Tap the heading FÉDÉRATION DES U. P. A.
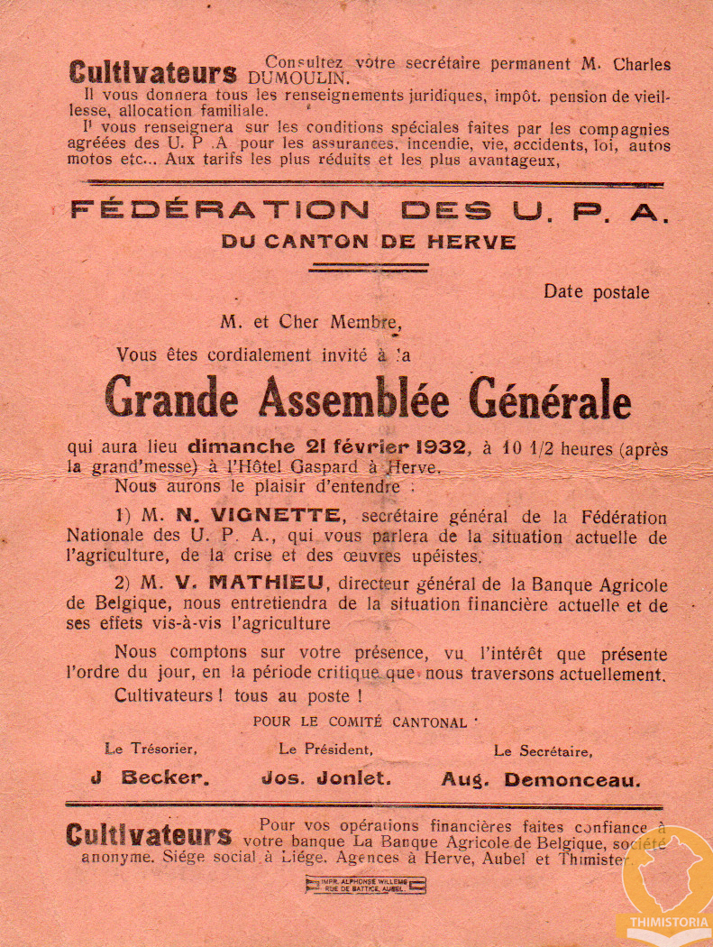(370, 211)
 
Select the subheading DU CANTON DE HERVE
(369, 242)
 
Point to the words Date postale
(596, 292)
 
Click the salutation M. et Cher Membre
(308, 321)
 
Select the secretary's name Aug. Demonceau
(541, 779)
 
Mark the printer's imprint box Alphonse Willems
(365, 885)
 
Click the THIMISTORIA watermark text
(664, 923)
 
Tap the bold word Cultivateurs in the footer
(149, 834)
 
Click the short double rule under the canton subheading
(368, 267)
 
